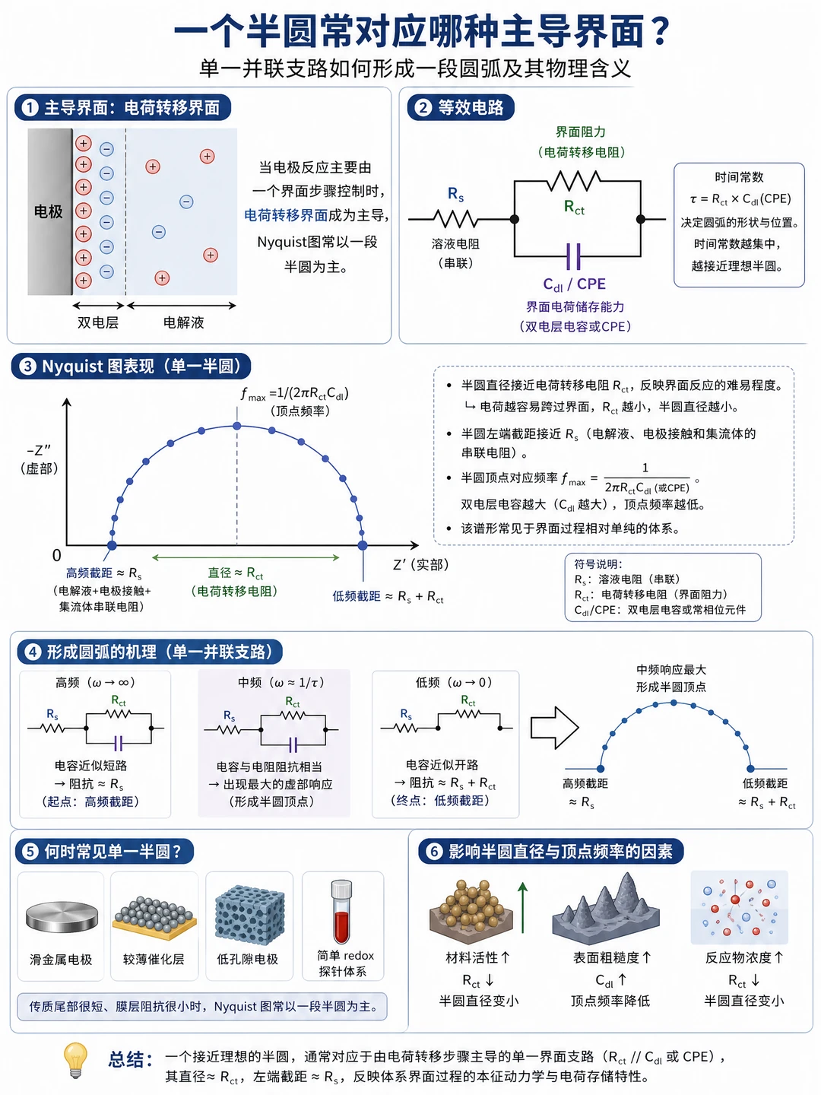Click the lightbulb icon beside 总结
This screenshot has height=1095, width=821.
[x=75, y=1059]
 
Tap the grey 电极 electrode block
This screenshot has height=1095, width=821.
[x=49, y=211]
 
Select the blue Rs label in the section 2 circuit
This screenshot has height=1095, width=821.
[x=455, y=194]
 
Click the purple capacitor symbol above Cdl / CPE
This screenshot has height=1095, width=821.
[x=574, y=256]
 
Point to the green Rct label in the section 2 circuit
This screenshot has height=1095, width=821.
[x=574, y=207]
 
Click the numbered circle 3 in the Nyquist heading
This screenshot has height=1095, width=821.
[x=28, y=367]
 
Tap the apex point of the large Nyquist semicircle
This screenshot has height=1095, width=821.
[x=236, y=426]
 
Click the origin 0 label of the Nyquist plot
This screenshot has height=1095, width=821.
[x=57, y=555]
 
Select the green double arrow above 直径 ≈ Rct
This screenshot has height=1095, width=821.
[x=246, y=557]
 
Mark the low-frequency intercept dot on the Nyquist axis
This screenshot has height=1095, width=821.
[x=363, y=545]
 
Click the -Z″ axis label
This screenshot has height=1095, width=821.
[x=39, y=450]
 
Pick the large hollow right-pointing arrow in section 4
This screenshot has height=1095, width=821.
[x=554, y=728]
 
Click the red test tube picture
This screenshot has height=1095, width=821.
[x=342, y=912]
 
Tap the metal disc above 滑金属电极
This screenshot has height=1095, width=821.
[x=62, y=916]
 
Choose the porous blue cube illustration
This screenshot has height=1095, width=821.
[x=249, y=915]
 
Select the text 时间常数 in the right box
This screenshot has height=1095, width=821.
[x=739, y=177]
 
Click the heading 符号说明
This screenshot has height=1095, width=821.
[x=598, y=564]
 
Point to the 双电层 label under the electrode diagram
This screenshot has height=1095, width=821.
[x=98, y=322]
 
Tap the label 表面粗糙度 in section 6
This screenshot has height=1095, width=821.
[x=606, y=957]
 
